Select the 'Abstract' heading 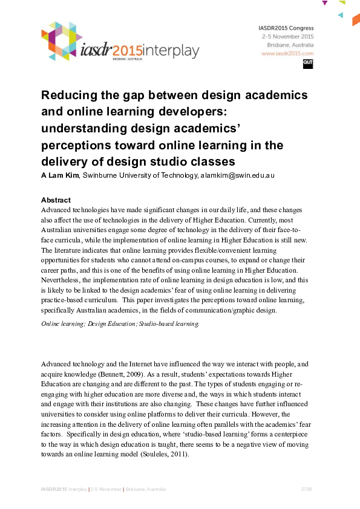tap(56, 200)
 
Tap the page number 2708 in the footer tap(306, 488)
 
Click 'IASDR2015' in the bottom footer tap(53, 488)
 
